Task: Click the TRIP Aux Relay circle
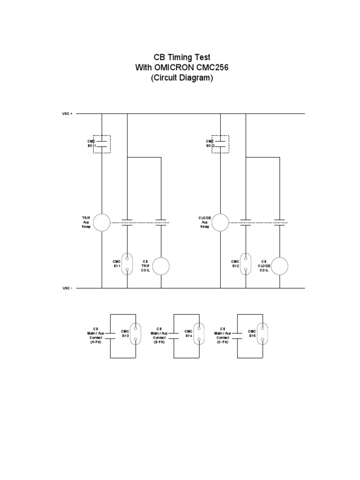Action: (102, 223)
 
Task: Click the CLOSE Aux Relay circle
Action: (220, 223)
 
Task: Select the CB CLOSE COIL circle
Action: (280, 266)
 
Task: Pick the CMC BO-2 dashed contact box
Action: (220, 144)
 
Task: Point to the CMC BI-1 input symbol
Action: (127, 263)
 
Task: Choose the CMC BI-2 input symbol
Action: (246, 263)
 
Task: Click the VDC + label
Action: (67, 113)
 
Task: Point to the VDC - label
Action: (67, 288)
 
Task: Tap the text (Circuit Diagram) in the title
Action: (181, 79)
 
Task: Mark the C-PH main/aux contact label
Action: (223, 336)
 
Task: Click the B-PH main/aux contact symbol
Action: (174, 335)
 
